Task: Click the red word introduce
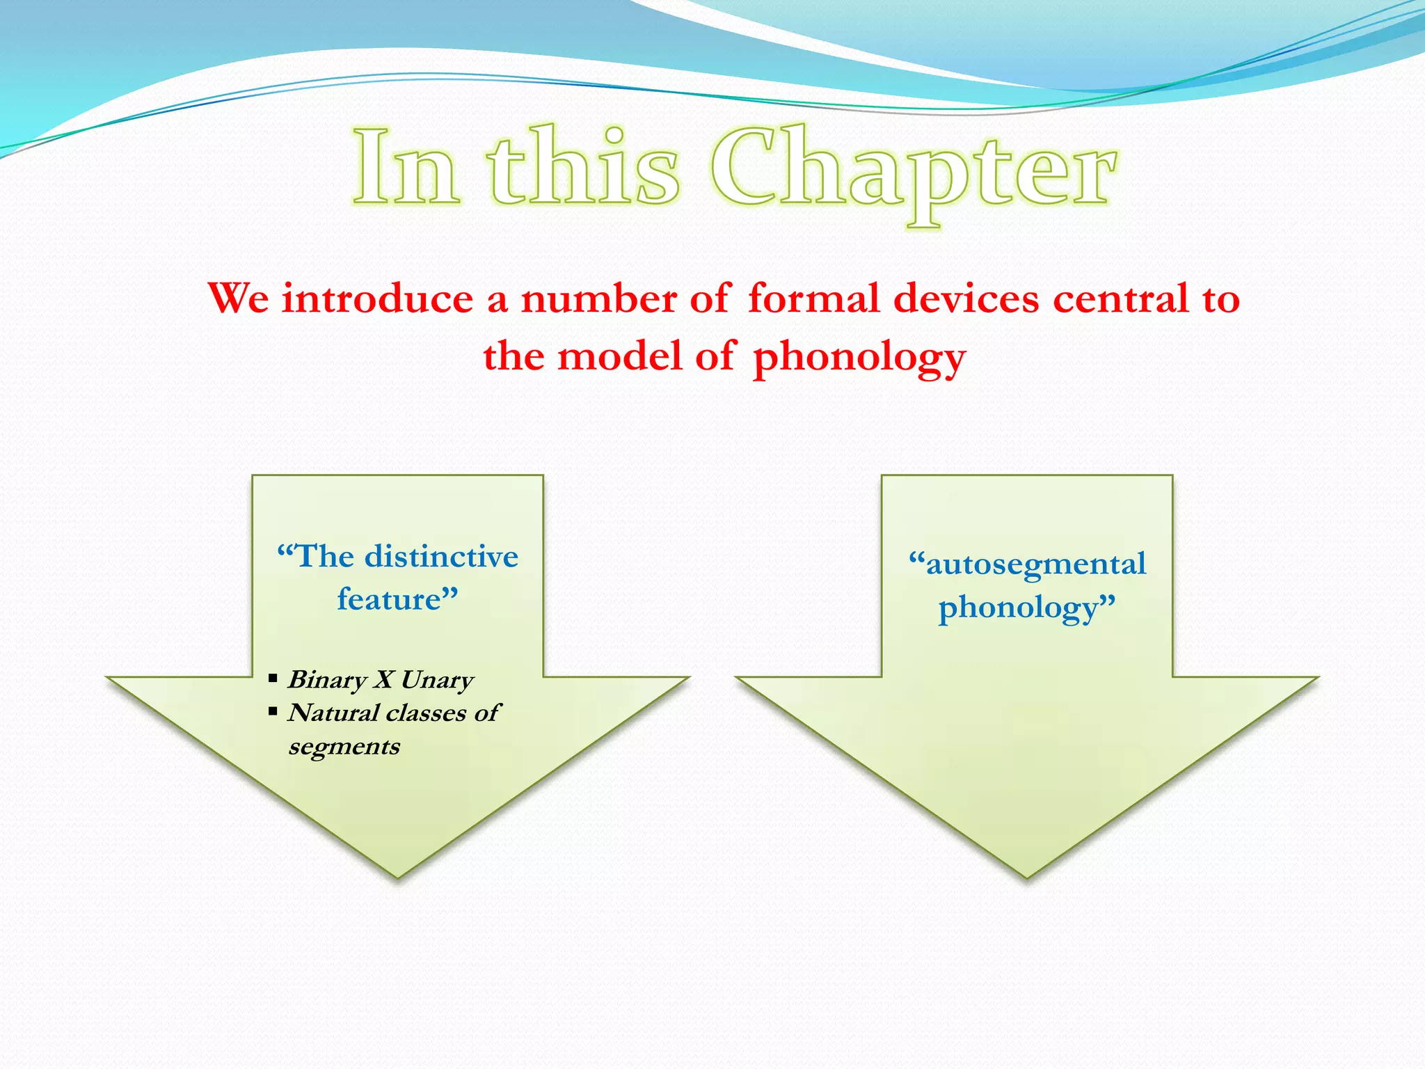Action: pyautogui.click(x=377, y=299)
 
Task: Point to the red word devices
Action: pyautogui.click(x=966, y=299)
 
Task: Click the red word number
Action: pyautogui.click(x=598, y=299)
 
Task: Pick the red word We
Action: pyautogui.click(x=239, y=299)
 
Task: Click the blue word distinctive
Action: pyautogui.click(x=442, y=557)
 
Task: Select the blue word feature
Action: pyautogui.click(x=390, y=600)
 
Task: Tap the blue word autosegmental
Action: pyautogui.click(x=1035, y=564)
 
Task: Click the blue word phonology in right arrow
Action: pyautogui.click(x=1017, y=608)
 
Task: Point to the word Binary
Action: pyautogui.click(x=327, y=679)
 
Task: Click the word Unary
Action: pyautogui.click(x=437, y=679)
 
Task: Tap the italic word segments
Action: pyautogui.click(x=344, y=747)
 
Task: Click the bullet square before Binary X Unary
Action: pyautogui.click(x=273, y=678)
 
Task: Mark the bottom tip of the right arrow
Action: pyautogui.click(x=1027, y=876)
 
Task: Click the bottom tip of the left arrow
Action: pyautogui.click(x=397, y=876)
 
